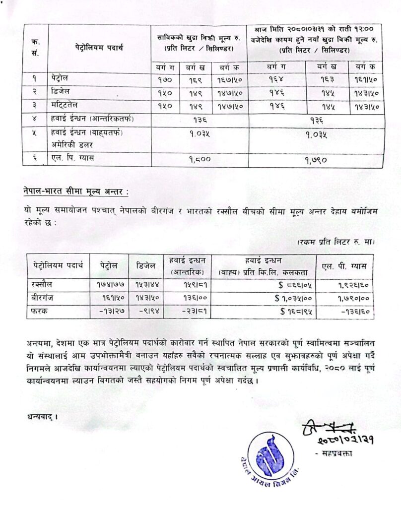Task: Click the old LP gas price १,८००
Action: (x=200, y=160)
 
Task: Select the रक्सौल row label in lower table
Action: (x=43, y=285)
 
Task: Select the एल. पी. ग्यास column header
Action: (x=344, y=266)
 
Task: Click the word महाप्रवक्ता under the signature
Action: (x=335, y=453)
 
